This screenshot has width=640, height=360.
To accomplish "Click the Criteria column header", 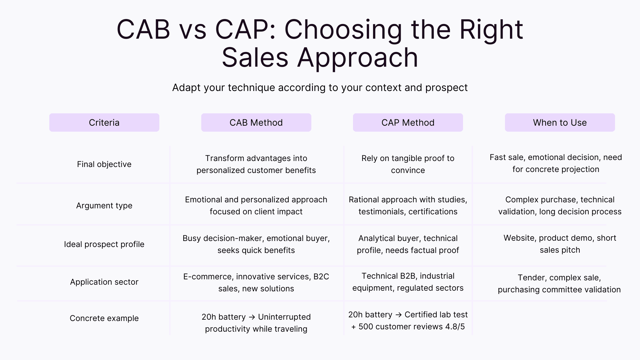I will (104, 122).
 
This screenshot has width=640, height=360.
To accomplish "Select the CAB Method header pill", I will (256, 122).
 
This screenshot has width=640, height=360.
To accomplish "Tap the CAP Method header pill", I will (408, 122).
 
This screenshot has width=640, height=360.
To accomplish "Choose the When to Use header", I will (560, 122).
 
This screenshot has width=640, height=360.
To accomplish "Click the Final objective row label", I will (104, 164).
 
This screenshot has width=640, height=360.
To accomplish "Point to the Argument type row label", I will (104, 205).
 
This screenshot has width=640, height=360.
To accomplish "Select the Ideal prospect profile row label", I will (104, 244).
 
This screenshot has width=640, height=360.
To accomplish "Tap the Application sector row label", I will (104, 282).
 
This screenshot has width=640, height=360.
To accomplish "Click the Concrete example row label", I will (104, 318).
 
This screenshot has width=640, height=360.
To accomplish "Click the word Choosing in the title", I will (343, 30).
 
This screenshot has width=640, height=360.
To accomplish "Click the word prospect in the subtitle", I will (446, 88).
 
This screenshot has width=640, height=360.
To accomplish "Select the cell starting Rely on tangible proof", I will (408, 164).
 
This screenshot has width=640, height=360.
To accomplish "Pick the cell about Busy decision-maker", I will (256, 244).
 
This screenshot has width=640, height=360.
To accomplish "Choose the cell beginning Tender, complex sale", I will (559, 283).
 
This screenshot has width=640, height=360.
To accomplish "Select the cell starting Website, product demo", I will (560, 244).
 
